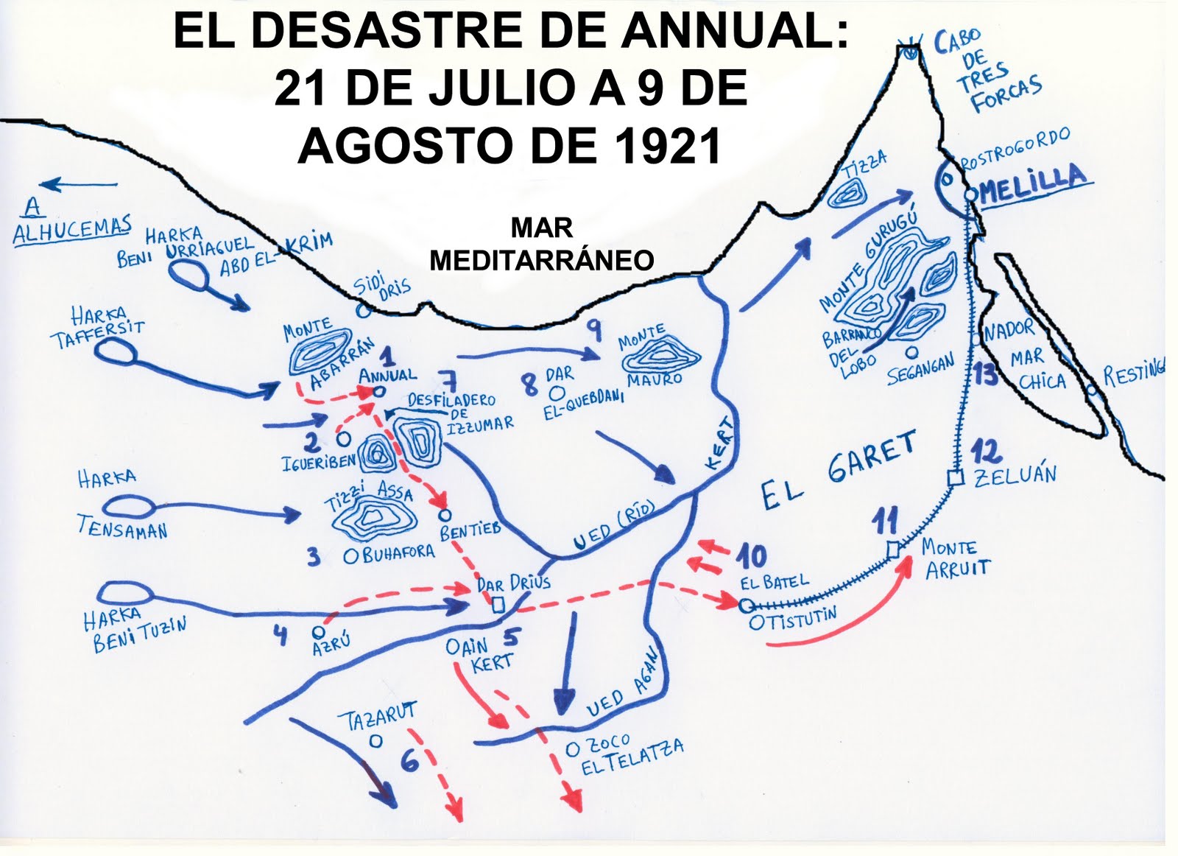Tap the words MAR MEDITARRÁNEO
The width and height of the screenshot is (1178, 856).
[x=542, y=244]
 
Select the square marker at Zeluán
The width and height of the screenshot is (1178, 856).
[x=956, y=478]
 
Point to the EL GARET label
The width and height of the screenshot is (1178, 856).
[x=839, y=471]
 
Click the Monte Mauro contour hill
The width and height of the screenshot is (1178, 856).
[x=660, y=357]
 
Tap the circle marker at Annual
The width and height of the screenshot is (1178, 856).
[x=378, y=392]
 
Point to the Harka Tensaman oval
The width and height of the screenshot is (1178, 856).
[x=129, y=507]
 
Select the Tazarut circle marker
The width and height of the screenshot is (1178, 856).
[x=376, y=741]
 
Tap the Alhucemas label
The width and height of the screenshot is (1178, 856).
[x=72, y=230]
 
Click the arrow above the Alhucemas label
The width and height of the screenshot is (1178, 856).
[x=79, y=184]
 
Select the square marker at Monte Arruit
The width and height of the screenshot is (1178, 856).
[x=893, y=549]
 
